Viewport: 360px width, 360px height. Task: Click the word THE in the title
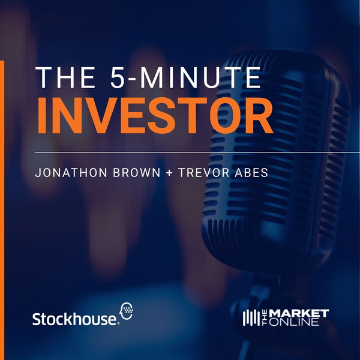click(x=65, y=77)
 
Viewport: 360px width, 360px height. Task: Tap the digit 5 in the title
click(x=118, y=77)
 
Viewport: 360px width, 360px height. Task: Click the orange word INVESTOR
click(x=155, y=115)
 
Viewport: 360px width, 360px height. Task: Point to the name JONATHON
click(x=71, y=173)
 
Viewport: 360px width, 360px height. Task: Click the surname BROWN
click(x=137, y=173)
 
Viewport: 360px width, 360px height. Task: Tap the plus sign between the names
click(x=169, y=173)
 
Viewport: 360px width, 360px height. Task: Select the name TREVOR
click(x=203, y=173)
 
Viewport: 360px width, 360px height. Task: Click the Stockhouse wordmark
click(x=75, y=319)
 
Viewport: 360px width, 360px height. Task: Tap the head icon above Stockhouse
click(x=127, y=311)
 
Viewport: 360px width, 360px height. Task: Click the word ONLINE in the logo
click(x=293, y=322)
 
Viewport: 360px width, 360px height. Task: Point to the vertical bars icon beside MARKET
click(x=251, y=318)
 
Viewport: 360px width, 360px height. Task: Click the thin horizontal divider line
click(x=197, y=152)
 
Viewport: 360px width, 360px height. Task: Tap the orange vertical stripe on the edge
click(x=2, y=210)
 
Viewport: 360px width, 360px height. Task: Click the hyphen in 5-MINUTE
click(x=132, y=79)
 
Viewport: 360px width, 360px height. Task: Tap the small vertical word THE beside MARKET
click(x=264, y=318)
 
